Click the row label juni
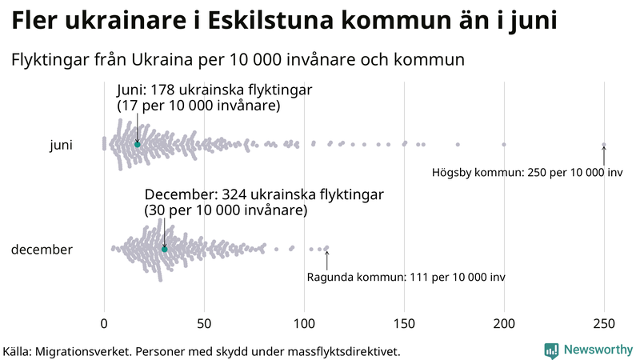[x=61, y=145]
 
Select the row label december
[x=42, y=250]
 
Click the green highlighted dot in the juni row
[x=138, y=144]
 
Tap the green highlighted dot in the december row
[x=165, y=249]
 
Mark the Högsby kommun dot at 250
[x=604, y=145]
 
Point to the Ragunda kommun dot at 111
[x=326, y=248]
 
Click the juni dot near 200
[x=504, y=145]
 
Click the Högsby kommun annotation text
[x=526, y=173]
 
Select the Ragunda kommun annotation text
[x=406, y=277]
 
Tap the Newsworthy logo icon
[x=551, y=350]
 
